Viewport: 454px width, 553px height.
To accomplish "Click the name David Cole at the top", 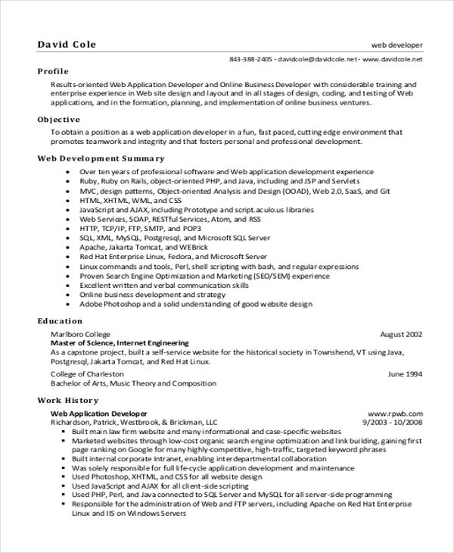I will (x=67, y=43).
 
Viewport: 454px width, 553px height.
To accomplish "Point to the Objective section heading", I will (x=58, y=120).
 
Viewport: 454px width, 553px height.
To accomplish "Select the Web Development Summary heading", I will (x=101, y=158).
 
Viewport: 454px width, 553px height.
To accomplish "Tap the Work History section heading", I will (x=68, y=399).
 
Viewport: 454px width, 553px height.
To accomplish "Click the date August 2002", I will (x=400, y=334).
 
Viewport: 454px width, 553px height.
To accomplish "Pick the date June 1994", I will (x=405, y=373).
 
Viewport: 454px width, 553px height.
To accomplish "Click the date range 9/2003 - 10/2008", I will (x=392, y=422).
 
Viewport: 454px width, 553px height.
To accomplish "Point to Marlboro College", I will (x=80, y=334).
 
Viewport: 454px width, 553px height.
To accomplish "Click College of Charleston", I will (x=87, y=373).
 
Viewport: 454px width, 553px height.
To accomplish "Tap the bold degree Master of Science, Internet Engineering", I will (x=119, y=343).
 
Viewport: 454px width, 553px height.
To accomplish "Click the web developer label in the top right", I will (x=396, y=45).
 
